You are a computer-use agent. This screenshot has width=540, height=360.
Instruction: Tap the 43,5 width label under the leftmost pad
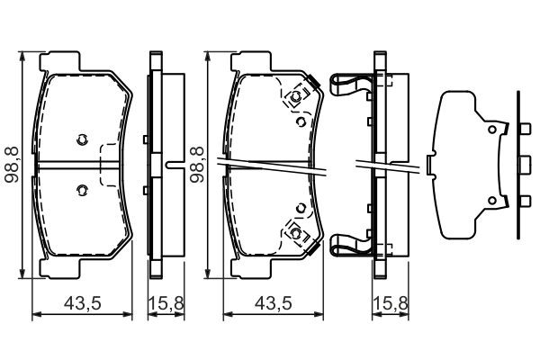coord(82,304)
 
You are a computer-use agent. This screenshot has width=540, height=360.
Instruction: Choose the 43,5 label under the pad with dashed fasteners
coord(274,304)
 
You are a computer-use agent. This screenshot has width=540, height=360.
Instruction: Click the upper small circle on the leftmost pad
coord(81,139)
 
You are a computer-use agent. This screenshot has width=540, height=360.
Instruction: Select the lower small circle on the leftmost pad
coord(81,189)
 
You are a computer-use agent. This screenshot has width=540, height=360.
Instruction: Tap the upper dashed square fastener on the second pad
coord(294,98)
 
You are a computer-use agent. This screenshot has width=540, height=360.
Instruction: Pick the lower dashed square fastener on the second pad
coord(294,231)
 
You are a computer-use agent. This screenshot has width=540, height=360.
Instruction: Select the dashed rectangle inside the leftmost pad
coord(110,165)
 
